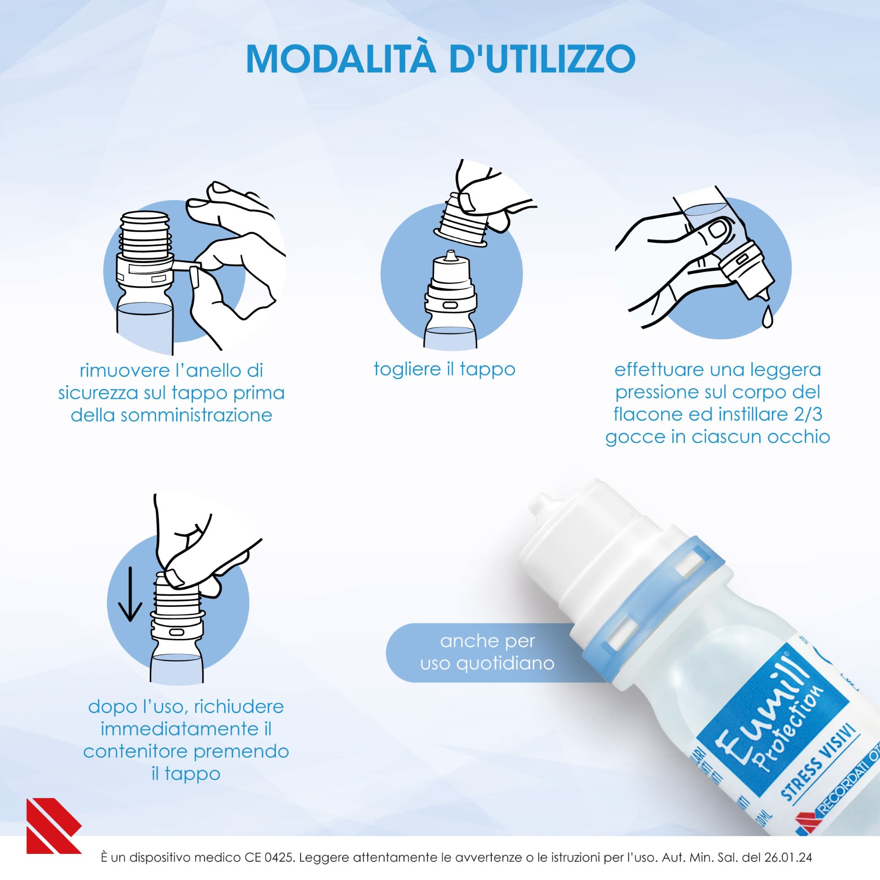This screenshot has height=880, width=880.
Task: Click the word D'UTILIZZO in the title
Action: pos(542,59)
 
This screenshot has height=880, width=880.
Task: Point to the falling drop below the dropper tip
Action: pos(767,317)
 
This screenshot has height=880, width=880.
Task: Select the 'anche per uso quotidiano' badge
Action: pos(487,652)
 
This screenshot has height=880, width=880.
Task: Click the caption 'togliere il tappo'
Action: pos(444,369)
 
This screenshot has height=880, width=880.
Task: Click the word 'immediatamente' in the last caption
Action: pos(180,729)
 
